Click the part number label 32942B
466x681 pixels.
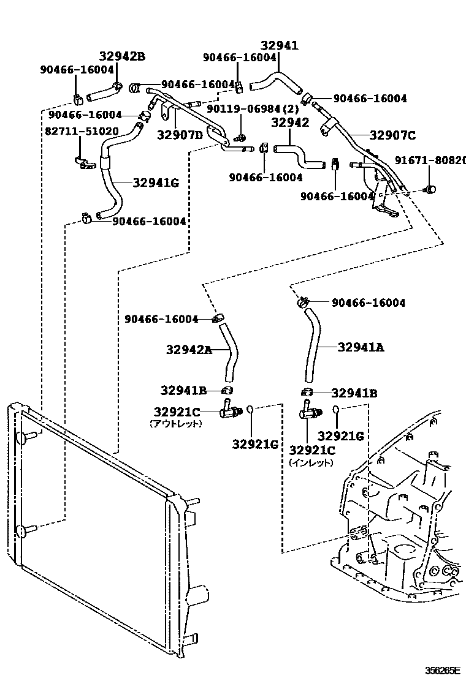122,57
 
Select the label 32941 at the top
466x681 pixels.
279,45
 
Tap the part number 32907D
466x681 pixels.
180,135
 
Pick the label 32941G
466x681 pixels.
156,181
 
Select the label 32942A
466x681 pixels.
188,350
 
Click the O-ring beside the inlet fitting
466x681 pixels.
336,410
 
